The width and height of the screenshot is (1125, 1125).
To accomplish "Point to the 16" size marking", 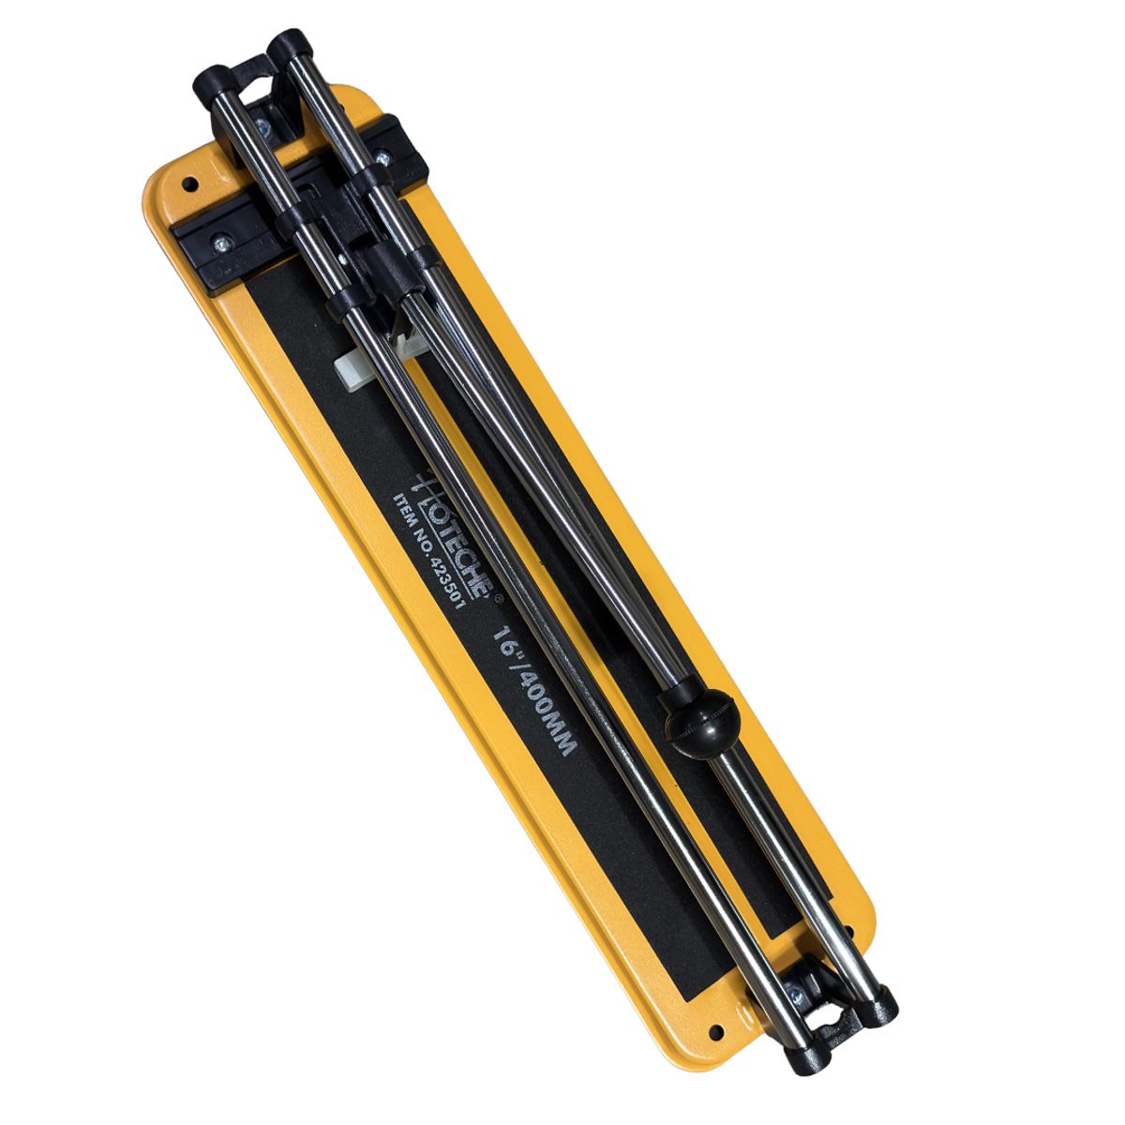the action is (x=507, y=646).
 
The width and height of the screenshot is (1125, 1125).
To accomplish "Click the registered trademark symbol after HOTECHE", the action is (x=498, y=598).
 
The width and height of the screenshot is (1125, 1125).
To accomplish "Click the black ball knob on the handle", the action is (x=703, y=723).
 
